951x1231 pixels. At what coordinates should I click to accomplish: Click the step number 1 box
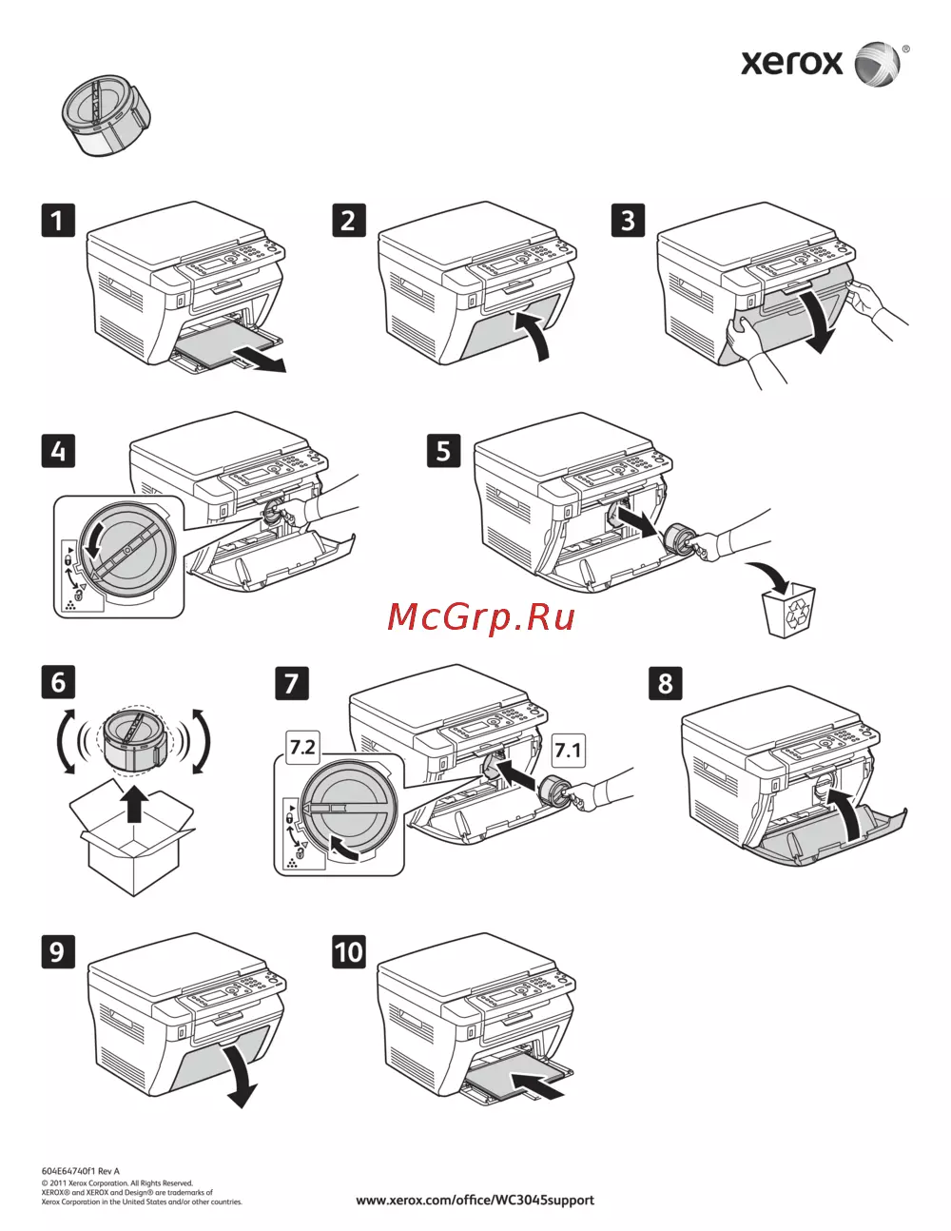[57, 221]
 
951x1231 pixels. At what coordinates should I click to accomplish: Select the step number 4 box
[58, 451]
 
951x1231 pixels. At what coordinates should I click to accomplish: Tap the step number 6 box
[58, 682]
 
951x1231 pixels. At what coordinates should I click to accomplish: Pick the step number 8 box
[665, 682]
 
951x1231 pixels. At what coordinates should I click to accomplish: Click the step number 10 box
[348, 951]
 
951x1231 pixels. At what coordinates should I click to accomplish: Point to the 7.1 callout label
[568, 751]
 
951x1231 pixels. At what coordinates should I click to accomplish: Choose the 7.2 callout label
[302, 747]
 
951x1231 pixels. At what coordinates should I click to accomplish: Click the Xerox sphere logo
[877, 64]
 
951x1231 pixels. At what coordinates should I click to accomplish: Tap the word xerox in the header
[791, 63]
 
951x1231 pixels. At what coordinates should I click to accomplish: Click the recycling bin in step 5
[789, 611]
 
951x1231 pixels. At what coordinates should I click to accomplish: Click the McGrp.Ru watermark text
[481, 617]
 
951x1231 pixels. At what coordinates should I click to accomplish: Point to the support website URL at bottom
[475, 1200]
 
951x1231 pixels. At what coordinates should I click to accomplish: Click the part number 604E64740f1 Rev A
[81, 1171]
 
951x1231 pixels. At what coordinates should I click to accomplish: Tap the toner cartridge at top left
[104, 114]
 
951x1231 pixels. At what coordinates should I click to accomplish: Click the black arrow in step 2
[534, 335]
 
